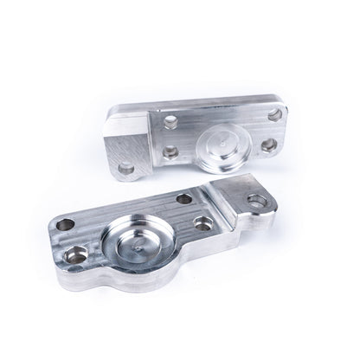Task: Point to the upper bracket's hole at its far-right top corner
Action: point(275,113)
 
